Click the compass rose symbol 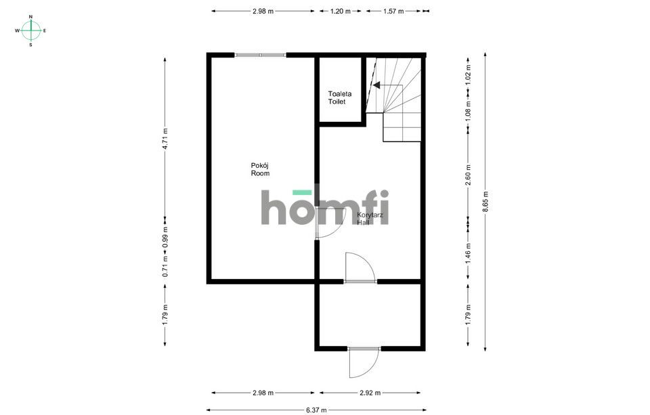(30, 30)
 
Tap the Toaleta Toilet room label (339, 98)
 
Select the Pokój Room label (260, 169)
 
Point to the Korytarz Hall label (370, 219)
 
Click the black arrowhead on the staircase (376, 85)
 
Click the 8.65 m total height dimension (485, 202)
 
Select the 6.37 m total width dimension (316, 410)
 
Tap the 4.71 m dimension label (165, 139)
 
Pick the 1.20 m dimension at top (340, 12)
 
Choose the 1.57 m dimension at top (393, 12)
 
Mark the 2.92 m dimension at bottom (370, 393)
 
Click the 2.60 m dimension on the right (469, 175)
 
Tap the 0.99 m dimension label (165, 237)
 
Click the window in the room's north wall (260, 55)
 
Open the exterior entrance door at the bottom (364, 362)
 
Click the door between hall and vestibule (360, 267)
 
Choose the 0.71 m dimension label (165, 267)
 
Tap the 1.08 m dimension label (469, 111)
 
